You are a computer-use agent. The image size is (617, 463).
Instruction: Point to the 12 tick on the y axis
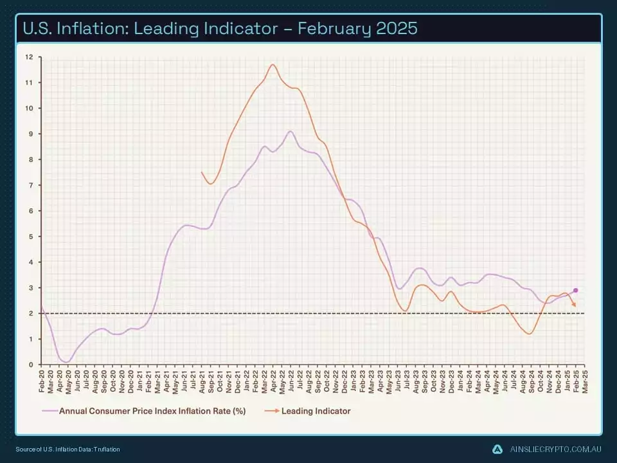point(29,57)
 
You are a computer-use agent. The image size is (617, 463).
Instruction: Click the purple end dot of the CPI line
point(575,290)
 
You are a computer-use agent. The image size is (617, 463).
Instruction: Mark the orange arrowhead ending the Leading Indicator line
point(574,305)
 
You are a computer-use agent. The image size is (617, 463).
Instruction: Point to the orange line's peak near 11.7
point(273,64)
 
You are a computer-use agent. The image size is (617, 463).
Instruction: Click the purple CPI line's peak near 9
point(291,131)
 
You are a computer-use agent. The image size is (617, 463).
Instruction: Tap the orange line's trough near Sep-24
point(529,334)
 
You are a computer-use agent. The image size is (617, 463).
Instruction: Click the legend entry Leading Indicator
point(316,410)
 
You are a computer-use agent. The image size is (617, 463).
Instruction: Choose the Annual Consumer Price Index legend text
point(152,410)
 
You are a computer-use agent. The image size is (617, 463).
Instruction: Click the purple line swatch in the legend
point(50,410)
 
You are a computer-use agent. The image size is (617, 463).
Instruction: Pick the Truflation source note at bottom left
point(67,449)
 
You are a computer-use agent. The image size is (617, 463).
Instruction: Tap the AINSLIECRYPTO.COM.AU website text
point(554,449)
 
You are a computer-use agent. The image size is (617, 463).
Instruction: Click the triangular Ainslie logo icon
point(497,449)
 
